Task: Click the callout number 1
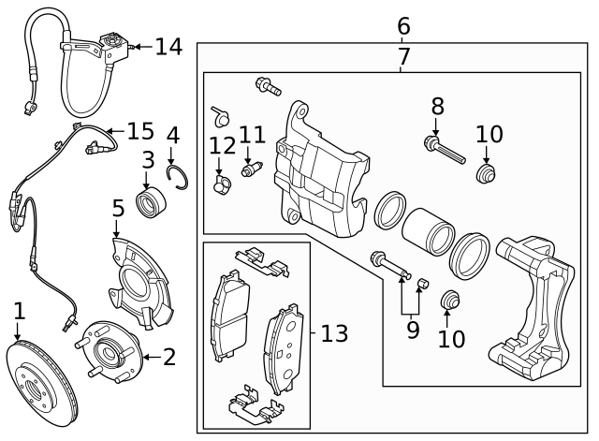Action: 18,310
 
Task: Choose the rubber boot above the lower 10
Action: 450,301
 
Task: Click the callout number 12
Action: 223,145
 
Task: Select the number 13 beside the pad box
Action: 334,333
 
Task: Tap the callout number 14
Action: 168,46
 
